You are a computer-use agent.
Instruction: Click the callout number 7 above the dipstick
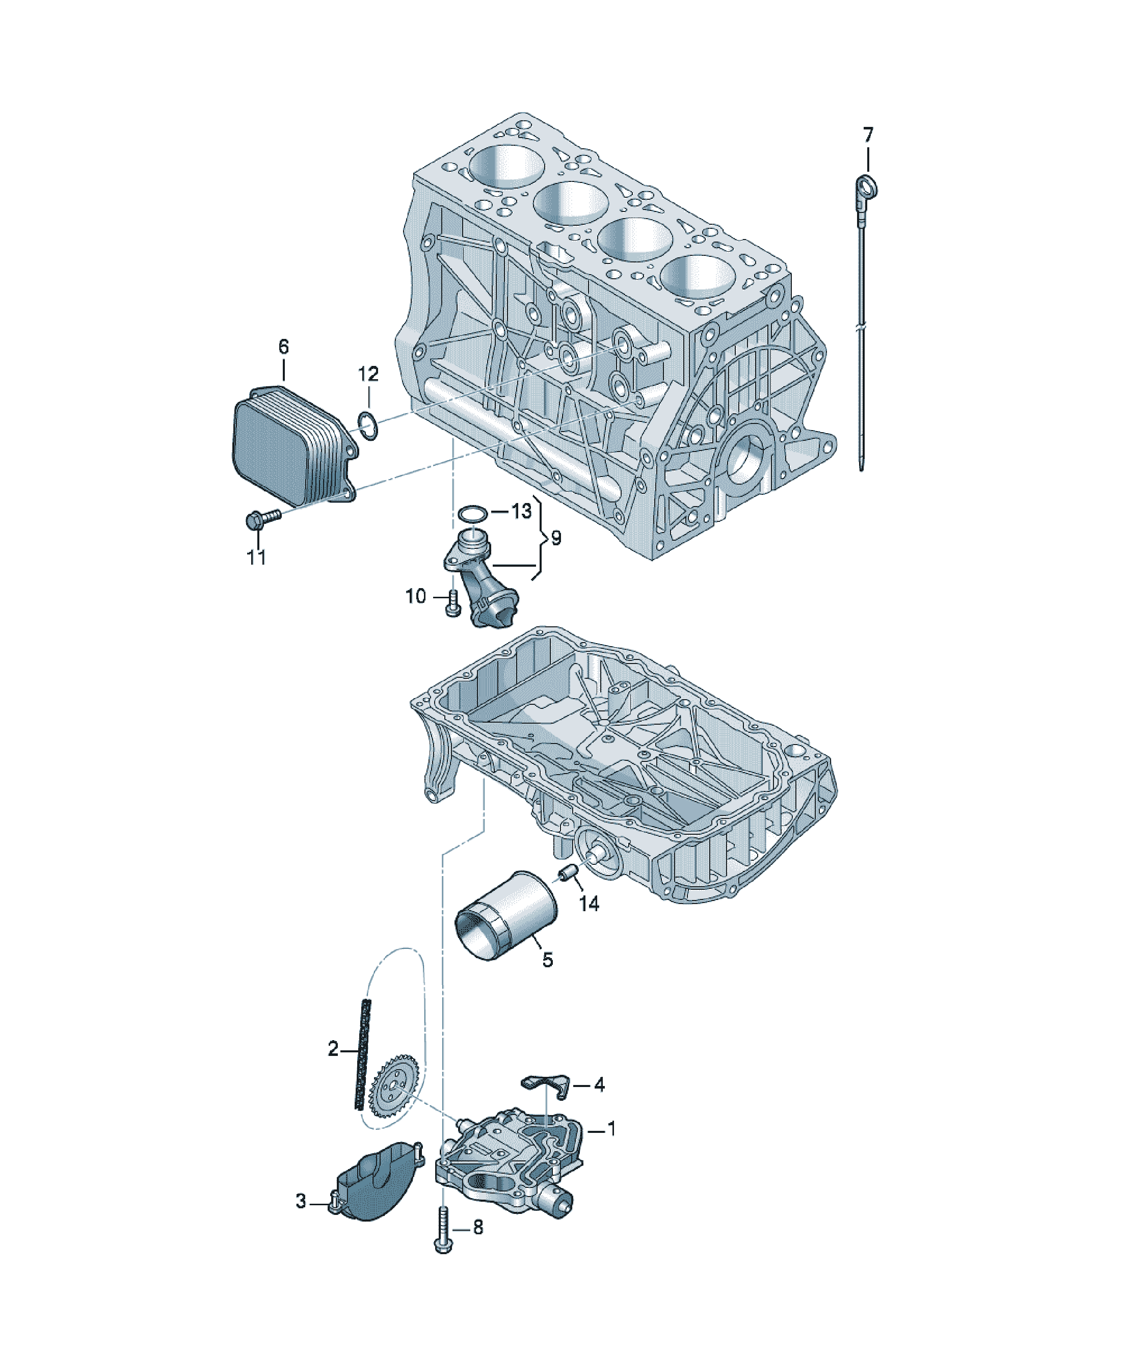click(x=868, y=135)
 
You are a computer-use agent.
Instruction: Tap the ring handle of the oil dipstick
click(x=868, y=186)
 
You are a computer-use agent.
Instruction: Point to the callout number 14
click(x=589, y=904)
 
